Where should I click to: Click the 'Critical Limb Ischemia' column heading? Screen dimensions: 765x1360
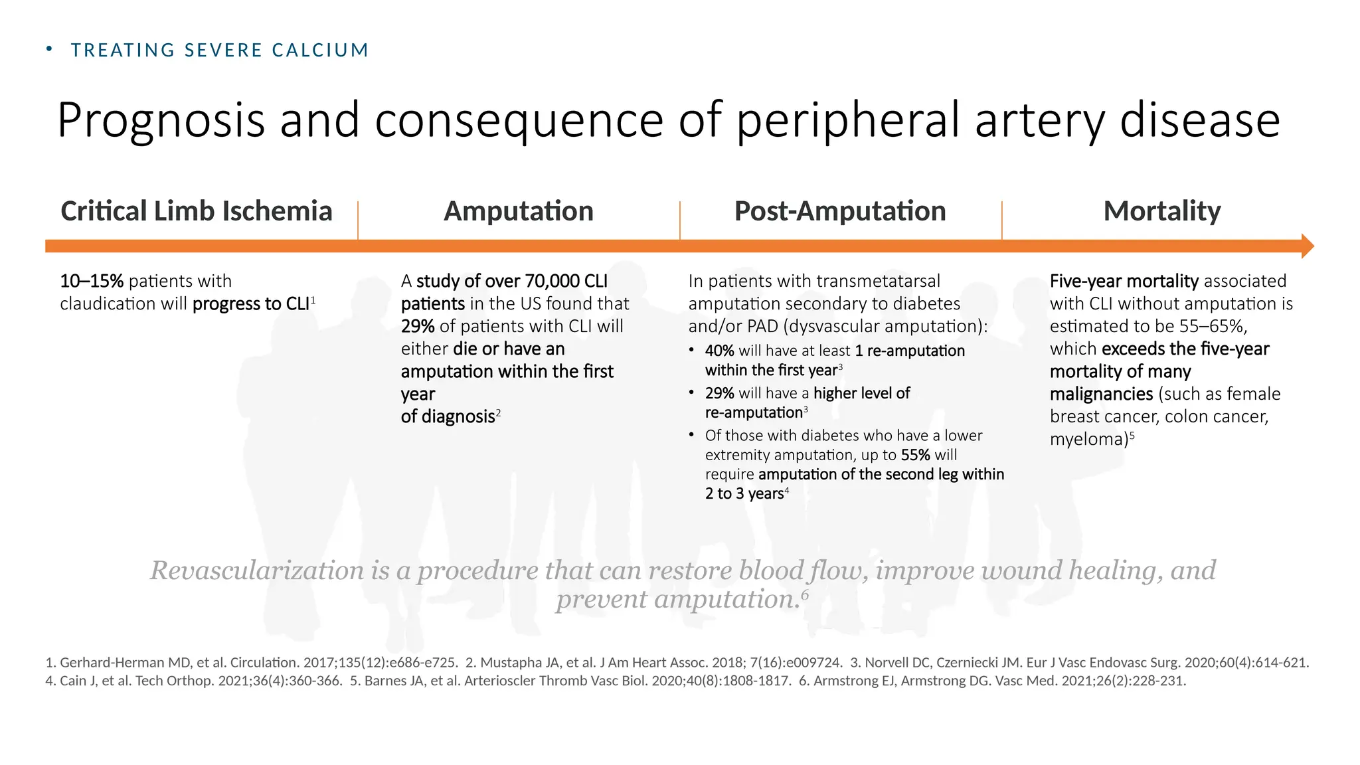(x=196, y=211)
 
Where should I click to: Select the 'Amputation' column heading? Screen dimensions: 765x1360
(x=519, y=211)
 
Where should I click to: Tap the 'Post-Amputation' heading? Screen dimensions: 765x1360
(x=840, y=211)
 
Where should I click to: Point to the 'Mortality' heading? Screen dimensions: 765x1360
(x=1162, y=211)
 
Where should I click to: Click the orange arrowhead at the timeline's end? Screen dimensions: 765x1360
(x=1307, y=246)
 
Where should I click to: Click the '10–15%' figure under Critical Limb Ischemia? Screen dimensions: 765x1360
(x=92, y=281)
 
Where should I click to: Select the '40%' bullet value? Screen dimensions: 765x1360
(x=719, y=351)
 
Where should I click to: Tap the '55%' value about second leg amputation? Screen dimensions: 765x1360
(x=916, y=455)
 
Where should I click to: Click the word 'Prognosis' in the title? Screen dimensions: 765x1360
(x=161, y=120)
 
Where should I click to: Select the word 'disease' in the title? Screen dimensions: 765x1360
(x=1200, y=120)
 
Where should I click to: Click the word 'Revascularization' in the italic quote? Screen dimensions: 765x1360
(x=256, y=570)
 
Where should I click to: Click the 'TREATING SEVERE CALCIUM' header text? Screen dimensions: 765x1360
(x=220, y=50)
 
